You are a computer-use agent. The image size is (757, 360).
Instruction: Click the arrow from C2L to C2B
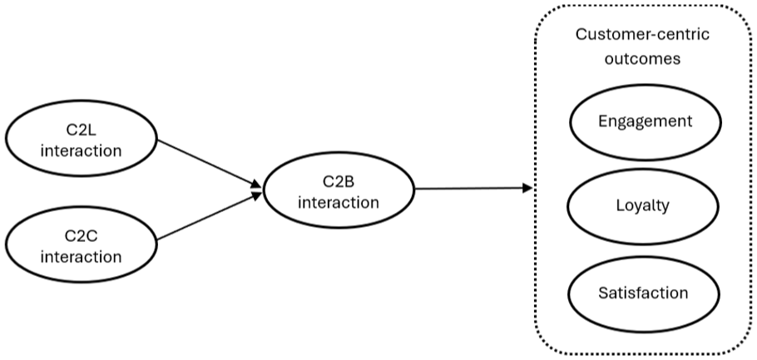point(209,164)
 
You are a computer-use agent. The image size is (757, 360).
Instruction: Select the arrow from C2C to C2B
point(209,215)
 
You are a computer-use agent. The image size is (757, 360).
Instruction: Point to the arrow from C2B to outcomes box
point(473,188)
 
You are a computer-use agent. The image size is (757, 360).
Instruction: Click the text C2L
point(81,130)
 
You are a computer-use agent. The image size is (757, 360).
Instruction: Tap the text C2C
point(82,235)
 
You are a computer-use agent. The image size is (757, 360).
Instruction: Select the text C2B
point(338,181)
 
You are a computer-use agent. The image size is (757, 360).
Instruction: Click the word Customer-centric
point(642,35)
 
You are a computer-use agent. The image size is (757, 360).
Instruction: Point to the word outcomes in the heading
point(642,58)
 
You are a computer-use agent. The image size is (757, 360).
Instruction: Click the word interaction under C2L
point(82,150)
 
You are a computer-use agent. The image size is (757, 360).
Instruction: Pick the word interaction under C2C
point(82,256)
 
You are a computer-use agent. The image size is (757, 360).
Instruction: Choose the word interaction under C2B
point(339,202)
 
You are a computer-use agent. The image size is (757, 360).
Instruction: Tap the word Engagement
point(645,121)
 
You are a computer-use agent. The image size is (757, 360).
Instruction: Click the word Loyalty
point(642,206)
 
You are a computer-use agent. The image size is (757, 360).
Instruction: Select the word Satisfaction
point(643,293)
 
